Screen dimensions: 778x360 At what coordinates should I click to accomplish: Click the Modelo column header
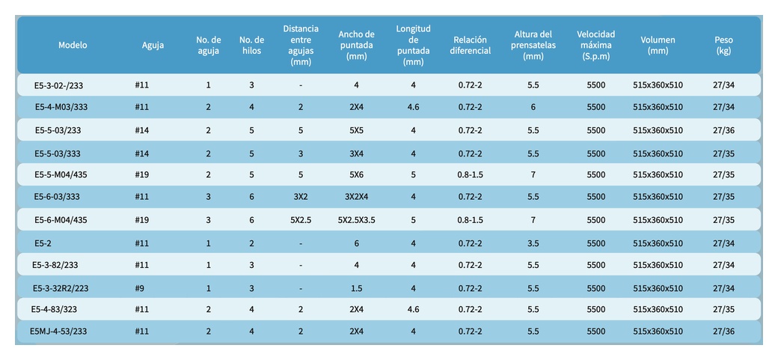tap(73, 45)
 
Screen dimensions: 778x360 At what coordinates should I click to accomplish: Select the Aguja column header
tap(153, 45)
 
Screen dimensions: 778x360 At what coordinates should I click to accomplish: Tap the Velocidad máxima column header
tap(596, 45)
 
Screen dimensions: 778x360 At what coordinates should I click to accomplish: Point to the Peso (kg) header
tap(723, 45)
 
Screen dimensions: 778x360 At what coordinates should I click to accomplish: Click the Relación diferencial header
tap(471, 45)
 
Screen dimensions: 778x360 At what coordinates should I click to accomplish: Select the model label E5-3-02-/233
tap(58, 85)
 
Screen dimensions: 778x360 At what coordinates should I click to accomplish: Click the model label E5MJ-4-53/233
tap(58, 332)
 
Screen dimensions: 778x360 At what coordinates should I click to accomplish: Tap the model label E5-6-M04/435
tap(61, 220)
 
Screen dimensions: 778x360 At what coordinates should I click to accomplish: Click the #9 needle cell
tap(139, 288)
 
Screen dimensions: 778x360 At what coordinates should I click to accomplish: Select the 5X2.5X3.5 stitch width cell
tap(356, 220)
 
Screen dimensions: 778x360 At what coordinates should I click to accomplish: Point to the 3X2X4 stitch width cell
tap(356, 197)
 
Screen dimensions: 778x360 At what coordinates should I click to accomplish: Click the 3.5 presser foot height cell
tap(533, 243)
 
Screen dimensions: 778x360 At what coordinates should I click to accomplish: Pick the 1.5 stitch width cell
tap(356, 288)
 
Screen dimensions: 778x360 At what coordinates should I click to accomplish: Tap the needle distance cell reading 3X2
tap(301, 197)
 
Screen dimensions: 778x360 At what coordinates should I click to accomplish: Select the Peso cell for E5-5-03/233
tap(723, 130)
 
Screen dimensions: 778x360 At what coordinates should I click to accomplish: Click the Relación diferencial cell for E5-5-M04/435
tap(471, 175)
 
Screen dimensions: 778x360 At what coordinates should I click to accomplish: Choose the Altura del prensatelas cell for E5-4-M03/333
tap(533, 107)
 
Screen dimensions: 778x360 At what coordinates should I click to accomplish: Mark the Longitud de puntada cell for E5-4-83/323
tap(413, 309)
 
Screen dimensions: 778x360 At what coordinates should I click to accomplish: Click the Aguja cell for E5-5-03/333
tap(142, 154)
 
